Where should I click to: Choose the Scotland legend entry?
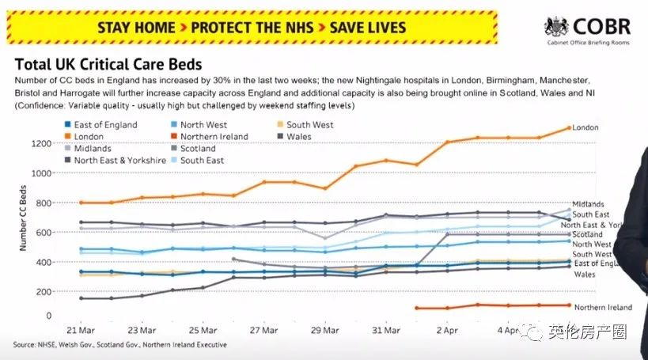[197, 148]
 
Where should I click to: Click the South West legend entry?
[309, 124]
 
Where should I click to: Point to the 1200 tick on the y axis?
[41, 143]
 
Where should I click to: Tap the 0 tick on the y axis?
[49, 316]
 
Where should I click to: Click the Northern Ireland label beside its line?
[603, 307]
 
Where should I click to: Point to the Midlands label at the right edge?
[588, 204]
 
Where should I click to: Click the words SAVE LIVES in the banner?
[367, 26]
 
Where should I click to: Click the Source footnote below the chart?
[119, 345]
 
